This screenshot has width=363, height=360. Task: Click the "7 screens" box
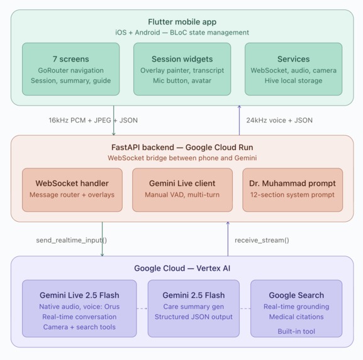pyautogui.click(x=71, y=69)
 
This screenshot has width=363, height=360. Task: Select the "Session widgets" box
pyautogui.click(x=182, y=69)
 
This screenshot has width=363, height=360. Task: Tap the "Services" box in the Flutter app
pyautogui.click(x=293, y=69)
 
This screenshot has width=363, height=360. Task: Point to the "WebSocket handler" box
pyautogui.click(x=72, y=190)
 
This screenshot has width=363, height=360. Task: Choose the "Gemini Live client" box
pyautogui.click(x=182, y=190)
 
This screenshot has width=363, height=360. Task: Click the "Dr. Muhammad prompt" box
pyautogui.click(x=293, y=190)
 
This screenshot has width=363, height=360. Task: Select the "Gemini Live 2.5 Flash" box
pyautogui.click(x=79, y=308)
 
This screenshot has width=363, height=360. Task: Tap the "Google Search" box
pyautogui.click(x=296, y=308)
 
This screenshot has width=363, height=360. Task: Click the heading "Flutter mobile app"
pyautogui.click(x=182, y=22)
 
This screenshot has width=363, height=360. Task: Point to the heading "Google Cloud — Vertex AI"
pyautogui.click(x=182, y=268)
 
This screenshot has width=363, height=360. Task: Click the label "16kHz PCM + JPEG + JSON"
pyautogui.click(x=93, y=120)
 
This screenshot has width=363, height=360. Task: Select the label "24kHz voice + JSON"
pyautogui.click(x=279, y=120)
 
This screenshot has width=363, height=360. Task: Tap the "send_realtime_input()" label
pyautogui.click(x=72, y=240)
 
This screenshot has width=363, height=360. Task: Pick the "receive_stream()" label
pyautogui.click(x=262, y=240)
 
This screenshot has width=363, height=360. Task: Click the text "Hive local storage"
pyautogui.click(x=293, y=80)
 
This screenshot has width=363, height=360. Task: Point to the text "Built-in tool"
pyautogui.click(x=296, y=331)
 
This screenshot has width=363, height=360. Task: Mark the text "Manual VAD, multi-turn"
pyautogui.click(x=182, y=195)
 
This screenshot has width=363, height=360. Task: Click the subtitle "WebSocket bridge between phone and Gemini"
pyautogui.click(x=182, y=158)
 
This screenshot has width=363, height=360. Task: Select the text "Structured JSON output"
pyautogui.click(x=194, y=317)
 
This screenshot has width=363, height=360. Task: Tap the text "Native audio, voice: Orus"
pyautogui.click(x=79, y=307)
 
